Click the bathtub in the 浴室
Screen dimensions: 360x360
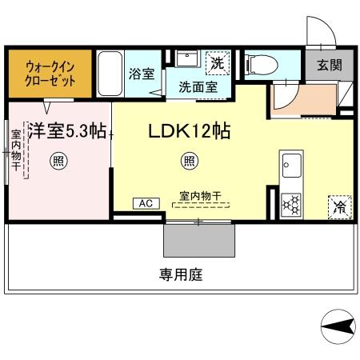click(110, 74)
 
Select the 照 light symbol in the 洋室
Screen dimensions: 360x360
click(58, 161)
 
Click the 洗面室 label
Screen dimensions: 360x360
click(196, 87)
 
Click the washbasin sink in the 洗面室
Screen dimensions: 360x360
click(187, 61)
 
